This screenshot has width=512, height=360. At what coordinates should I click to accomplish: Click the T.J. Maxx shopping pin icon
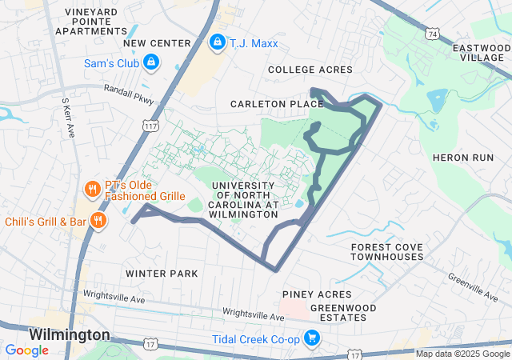click(217, 42)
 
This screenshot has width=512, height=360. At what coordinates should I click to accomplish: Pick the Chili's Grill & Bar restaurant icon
click(98, 221)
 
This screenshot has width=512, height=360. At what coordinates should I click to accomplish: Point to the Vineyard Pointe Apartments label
click(91, 23)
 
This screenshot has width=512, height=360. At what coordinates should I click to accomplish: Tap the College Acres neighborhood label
click(310, 70)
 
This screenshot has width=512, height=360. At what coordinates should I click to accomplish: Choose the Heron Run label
click(463, 158)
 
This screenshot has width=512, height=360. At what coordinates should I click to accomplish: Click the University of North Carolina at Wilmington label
click(245, 200)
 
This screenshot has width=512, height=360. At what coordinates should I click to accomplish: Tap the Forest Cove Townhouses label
click(387, 252)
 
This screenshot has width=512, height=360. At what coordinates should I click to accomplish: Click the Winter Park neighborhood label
click(162, 274)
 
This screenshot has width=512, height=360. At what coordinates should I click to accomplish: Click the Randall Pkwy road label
click(128, 96)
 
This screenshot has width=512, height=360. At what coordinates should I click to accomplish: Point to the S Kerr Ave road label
click(67, 118)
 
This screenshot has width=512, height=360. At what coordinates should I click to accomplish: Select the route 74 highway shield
click(432, 35)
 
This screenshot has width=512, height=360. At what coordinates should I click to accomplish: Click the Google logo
click(26, 350)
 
